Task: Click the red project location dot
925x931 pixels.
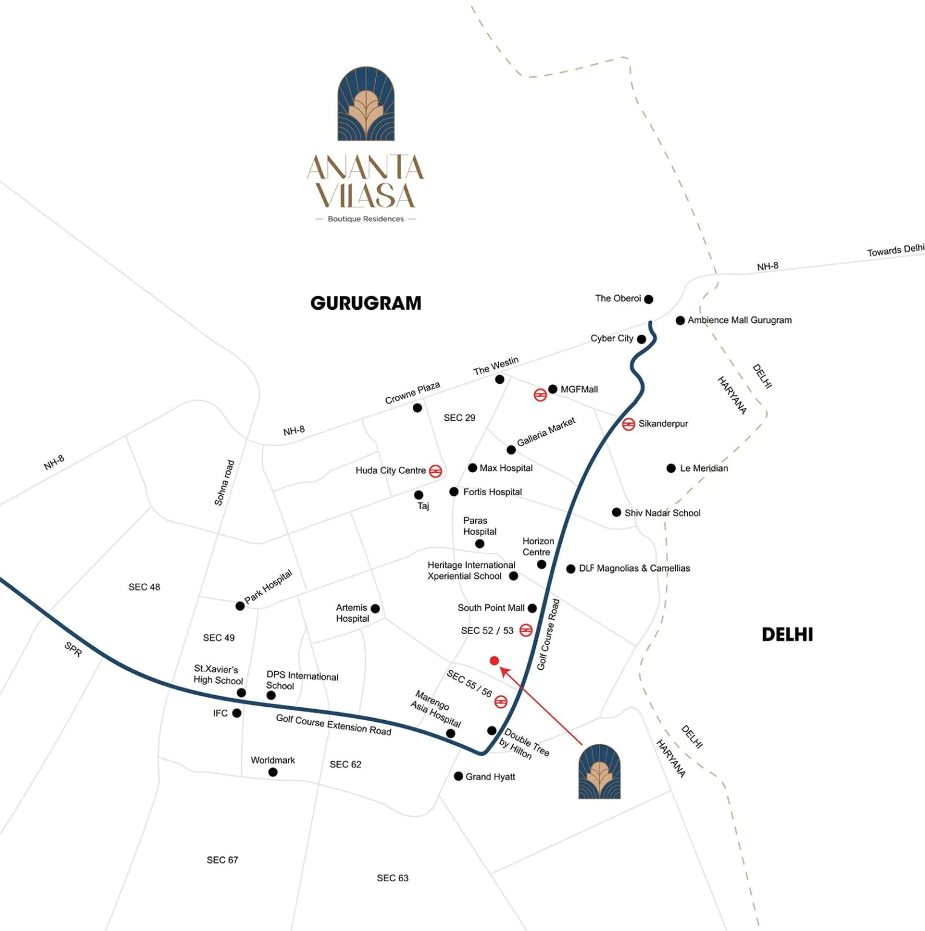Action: [495, 661]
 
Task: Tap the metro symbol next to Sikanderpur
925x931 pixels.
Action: [629, 424]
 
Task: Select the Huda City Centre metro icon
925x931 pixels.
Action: [435, 471]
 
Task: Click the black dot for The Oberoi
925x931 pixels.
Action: [649, 299]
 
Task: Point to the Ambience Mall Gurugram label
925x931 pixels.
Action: [740, 320]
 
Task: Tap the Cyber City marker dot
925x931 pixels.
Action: [641, 339]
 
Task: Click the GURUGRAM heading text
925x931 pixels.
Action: [366, 303]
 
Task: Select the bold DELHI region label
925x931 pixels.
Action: [787, 635]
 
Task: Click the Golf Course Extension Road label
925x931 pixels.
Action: [333, 724]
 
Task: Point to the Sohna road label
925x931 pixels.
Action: [224, 482]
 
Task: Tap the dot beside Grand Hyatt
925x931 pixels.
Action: [458, 776]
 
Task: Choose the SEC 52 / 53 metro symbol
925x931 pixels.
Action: [526, 630]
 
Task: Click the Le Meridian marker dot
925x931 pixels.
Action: [671, 469]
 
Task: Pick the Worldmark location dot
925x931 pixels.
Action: [273, 772]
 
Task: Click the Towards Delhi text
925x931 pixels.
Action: [895, 250]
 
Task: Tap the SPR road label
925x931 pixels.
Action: [73, 649]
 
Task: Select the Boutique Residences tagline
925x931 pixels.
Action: [366, 219]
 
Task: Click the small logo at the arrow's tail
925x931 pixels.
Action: [599, 772]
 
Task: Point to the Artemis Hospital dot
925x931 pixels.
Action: [375, 609]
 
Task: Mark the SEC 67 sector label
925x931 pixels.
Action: [222, 860]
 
